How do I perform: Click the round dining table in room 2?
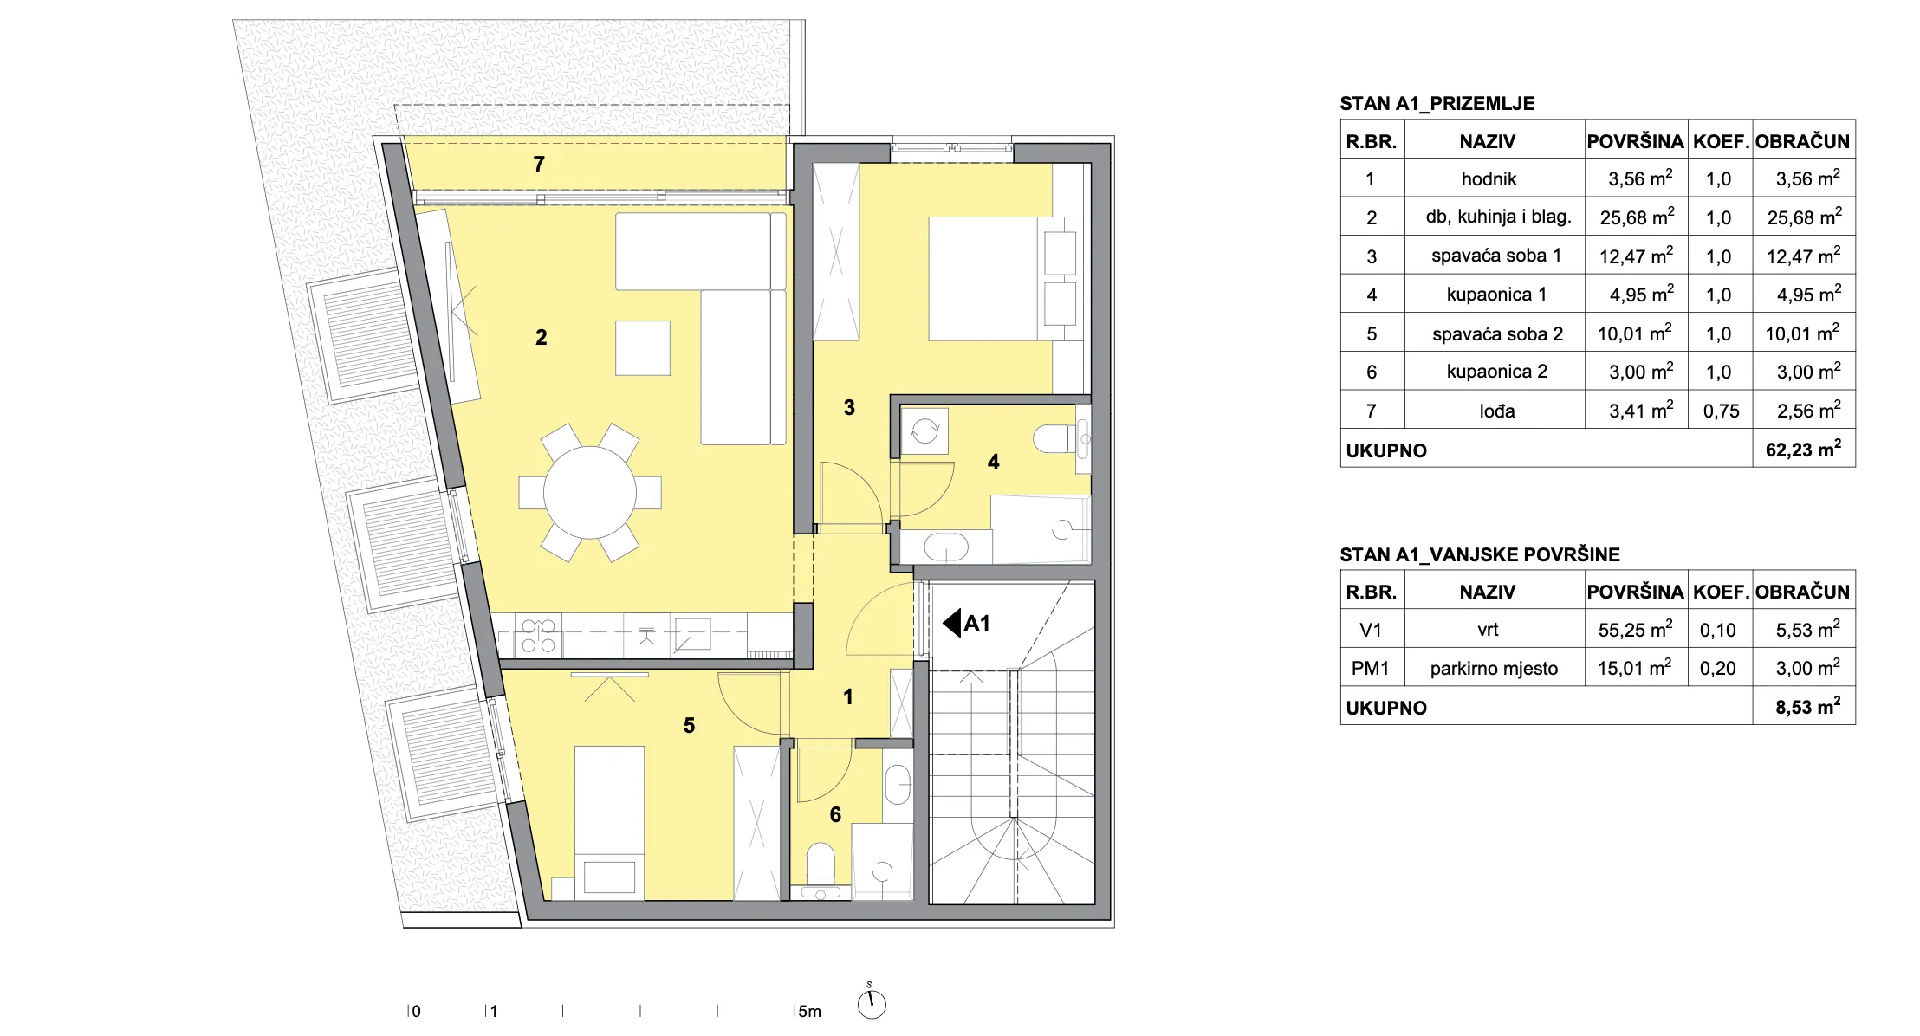click(589, 492)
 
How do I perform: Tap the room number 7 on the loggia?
click(539, 164)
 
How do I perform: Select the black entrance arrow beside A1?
click(951, 623)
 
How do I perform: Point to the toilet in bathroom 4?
click(1054, 438)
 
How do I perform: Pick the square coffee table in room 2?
click(643, 348)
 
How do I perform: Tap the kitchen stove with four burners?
click(538, 636)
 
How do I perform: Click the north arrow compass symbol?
click(872, 1003)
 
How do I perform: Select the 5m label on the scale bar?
click(809, 1011)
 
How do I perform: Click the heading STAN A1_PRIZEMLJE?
click(1437, 104)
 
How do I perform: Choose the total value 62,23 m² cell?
click(1804, 450)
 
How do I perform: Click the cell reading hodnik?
click(1489, 179)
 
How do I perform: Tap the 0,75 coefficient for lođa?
click(1721, 411)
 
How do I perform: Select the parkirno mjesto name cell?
click(1494, 669)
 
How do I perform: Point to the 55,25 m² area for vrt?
click(1636, 630)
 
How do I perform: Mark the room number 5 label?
click(689, 726)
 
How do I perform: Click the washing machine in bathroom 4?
click(924, 430)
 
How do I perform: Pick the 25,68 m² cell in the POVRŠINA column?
click(1637, 217)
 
